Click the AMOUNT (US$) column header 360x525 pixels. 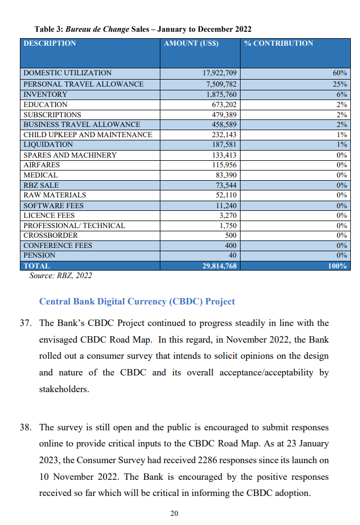[191, 44]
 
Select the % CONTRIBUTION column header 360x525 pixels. [279, 44]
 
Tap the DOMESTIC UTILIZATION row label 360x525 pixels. [67, 73]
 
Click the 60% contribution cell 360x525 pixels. [340, 73]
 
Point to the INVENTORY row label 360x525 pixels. [45, 94]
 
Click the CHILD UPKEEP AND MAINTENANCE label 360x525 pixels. [87, 134]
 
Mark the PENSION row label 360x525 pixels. [39, 256]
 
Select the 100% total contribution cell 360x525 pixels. [337, 266]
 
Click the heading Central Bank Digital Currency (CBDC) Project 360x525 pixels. [137, 301]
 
